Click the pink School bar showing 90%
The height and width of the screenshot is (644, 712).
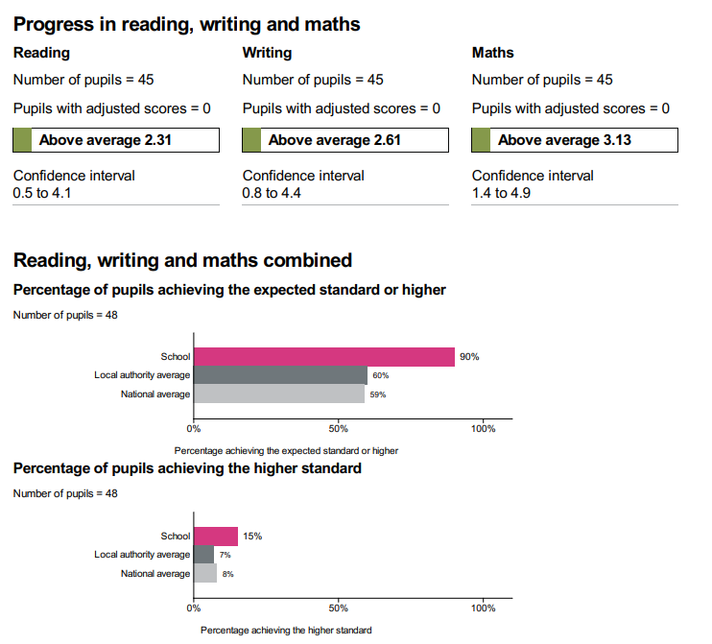coord(323,357)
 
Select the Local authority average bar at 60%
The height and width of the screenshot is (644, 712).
coord(280,375)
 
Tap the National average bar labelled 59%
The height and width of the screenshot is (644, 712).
coord(278,394)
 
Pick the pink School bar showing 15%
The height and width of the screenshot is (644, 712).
coord(215,537)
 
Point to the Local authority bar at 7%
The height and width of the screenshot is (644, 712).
coord(203,555)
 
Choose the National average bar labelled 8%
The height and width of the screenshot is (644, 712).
coord(204,573)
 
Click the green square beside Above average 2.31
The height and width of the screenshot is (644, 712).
coord(23,140)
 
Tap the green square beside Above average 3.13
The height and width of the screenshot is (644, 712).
coord(482,140)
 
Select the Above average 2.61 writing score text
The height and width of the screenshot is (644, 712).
coord(334,140)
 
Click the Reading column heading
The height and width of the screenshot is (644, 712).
coord(41,53)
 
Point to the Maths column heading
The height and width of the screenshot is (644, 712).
coord(492,53)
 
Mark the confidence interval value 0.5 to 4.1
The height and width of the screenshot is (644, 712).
coord(45,192)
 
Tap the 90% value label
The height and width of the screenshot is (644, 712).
coord(468,357)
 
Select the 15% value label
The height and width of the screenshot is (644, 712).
coord(251,537)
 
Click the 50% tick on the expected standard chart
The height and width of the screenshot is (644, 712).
coord(338,429)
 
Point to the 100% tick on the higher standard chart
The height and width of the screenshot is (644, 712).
coord(483,608)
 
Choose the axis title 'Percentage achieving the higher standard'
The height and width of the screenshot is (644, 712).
coord(286,630)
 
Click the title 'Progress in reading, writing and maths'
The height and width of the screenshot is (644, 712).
coord(186,23)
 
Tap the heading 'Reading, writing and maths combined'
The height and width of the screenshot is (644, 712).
coord(182,259)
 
